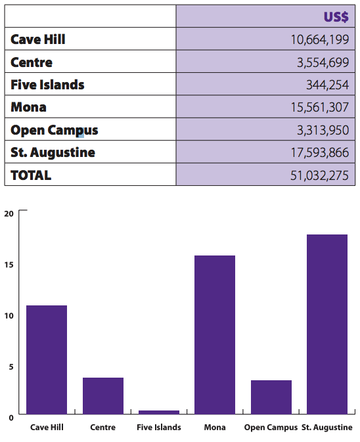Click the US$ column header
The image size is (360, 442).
336,17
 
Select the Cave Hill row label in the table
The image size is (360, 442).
38,39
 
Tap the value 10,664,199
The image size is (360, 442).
320,39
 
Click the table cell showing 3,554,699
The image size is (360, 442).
323,62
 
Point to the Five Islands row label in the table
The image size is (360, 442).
47,85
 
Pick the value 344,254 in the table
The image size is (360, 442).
328,85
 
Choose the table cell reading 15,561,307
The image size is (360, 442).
320,107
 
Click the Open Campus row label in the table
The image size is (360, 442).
54,130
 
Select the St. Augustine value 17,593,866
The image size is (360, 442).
320,152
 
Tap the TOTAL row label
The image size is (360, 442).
31,175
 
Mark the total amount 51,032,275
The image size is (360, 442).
319,175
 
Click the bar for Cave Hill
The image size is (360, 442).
47,360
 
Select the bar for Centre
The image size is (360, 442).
103,396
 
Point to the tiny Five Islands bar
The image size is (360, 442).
159,412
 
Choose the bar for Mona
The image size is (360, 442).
215,334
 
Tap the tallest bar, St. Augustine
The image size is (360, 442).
327,324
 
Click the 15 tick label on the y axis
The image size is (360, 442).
9,265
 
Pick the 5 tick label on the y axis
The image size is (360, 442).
11,366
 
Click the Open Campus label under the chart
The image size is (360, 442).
271,428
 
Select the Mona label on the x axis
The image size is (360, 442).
215,428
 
